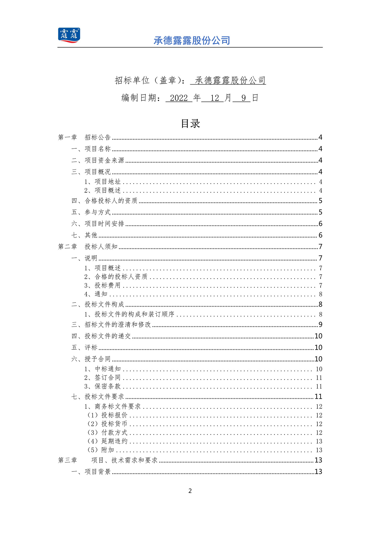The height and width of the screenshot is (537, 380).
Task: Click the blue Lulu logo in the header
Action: [69, 35]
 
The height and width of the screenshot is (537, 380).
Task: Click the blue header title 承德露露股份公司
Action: [192, 41]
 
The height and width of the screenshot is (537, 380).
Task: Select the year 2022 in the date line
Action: [179, 98]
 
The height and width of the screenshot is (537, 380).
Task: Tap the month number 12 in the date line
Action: [215, 98]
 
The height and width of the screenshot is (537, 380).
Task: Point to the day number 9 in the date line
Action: [243, 98]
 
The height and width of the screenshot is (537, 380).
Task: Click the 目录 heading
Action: [191, 124]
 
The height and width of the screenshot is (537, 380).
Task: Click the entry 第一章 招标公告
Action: [84, 137]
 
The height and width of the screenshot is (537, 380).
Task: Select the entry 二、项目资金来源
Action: [98, 160]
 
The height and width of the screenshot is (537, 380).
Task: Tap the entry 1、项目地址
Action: [103, 182]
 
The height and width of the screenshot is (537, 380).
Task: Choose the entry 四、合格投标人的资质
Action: [104, 201]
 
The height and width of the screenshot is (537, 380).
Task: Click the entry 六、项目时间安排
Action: [98, 224]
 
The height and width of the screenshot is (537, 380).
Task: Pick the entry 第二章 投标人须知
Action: [88, 247]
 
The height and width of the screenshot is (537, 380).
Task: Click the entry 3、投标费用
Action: [103, 286]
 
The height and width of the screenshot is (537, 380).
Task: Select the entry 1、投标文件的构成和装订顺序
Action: [129, 314]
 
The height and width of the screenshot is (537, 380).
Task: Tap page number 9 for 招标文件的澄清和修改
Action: [320, 325]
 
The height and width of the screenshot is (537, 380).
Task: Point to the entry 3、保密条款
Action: [103, 386]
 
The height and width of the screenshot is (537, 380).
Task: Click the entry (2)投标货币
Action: [107, 424]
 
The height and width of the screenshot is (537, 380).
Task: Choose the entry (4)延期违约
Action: [107, 441]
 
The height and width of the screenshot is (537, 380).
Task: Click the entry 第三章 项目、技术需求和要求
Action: [108, 460]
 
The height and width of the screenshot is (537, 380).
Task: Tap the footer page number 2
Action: [190, 491]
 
